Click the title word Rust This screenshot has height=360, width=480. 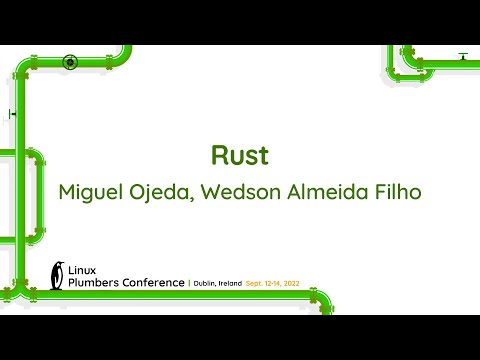[240, 156]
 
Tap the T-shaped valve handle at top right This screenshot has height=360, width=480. [462, 57]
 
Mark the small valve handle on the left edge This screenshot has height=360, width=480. [12, 114]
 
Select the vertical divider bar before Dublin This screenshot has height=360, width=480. [190, 284]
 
